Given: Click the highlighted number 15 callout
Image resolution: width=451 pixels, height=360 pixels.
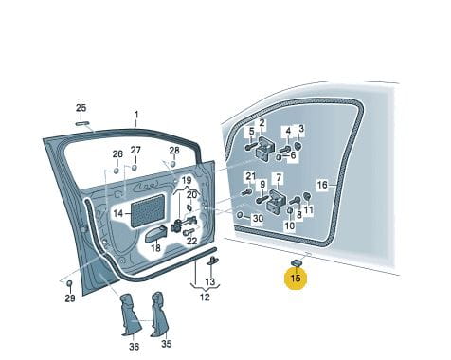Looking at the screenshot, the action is point(296,278).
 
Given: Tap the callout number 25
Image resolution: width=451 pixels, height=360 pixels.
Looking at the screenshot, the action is point(81,108).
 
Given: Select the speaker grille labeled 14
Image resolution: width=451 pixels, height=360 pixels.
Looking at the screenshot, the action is point(148,210).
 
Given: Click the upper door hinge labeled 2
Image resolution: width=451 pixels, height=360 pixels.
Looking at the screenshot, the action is point(264,149).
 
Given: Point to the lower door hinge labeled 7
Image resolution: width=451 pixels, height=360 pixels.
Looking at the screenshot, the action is point(277,202).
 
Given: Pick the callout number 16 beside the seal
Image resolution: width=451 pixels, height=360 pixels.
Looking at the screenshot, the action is point(322,185).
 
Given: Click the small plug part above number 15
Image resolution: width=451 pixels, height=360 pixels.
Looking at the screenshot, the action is point(297,262).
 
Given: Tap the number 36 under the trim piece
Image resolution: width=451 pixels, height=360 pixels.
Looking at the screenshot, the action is point(134,347).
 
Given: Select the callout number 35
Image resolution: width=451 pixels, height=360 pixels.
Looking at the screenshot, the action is point(167,343).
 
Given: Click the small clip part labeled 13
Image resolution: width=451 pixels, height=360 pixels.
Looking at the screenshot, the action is point(212,261).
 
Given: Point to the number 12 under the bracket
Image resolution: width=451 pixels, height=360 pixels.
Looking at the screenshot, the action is point(205,297).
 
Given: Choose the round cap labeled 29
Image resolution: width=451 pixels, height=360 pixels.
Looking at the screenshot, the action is point(70,283).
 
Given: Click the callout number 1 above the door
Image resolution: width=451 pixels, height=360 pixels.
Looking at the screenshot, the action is point(136,114).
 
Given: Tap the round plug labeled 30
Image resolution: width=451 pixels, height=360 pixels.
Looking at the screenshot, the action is point(240,215).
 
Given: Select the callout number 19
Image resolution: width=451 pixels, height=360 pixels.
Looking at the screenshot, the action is point(187,181).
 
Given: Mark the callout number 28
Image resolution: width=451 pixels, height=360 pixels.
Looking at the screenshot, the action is point(174,151).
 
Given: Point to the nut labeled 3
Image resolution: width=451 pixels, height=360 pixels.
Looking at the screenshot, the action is point(298,146).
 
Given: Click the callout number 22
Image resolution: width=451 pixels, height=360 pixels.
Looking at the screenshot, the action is point(192,241).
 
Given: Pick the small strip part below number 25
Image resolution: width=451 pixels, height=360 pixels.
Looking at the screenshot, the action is point(82,123).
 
